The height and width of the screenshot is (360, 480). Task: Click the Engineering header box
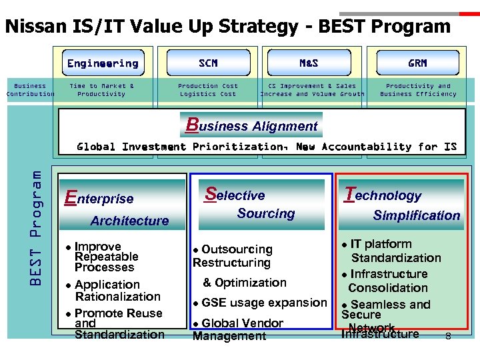[103, 63]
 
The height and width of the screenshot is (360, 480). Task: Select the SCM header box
[208, 63]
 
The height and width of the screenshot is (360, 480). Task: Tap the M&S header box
[309, 63]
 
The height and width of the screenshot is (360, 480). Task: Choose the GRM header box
[417, 63]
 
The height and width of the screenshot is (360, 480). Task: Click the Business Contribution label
[30, 90]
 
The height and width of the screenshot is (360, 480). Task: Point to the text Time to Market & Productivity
[102, 90]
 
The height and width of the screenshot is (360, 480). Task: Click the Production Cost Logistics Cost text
[208, 90]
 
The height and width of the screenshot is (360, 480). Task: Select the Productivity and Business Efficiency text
[418, 90]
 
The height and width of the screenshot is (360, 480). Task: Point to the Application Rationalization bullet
[113, 291]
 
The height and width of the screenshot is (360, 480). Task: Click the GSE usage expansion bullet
[260, 303]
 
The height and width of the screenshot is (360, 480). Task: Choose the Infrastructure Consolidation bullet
[387, 281]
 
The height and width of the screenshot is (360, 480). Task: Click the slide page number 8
[448, 337]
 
